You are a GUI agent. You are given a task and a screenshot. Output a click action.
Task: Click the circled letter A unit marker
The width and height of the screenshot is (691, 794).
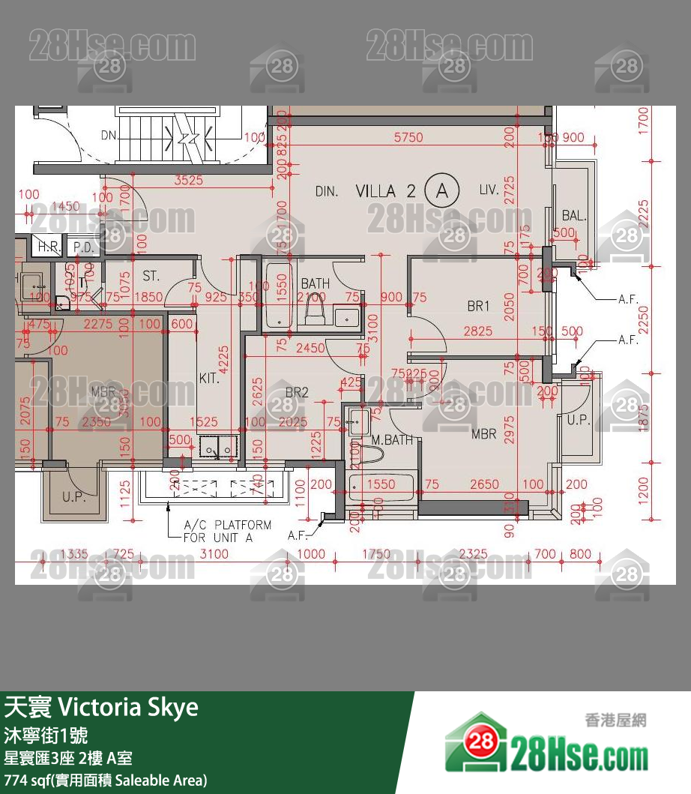tap(442, 190)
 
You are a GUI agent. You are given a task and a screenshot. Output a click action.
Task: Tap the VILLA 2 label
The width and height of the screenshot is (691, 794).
tap(385, 191)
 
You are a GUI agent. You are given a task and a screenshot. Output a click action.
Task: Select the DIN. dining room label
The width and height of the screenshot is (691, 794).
tap(326, 192)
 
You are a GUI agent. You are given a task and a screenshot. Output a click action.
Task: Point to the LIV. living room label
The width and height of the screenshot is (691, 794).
tap(489, 190)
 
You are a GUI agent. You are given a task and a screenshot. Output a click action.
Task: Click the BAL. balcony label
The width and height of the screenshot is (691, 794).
tap(574, 216)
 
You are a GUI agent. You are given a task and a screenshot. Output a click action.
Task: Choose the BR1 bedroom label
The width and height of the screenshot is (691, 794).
tap(477, 306)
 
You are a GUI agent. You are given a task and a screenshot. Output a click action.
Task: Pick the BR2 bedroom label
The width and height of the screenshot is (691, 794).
tap(297, 392)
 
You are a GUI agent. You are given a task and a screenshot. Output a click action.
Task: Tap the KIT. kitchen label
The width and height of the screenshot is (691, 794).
tap(209, 379)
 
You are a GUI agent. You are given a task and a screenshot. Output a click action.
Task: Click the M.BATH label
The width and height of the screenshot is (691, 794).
tap(392, 440)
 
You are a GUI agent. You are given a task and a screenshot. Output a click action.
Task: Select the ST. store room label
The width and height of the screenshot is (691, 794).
tap(151, 277)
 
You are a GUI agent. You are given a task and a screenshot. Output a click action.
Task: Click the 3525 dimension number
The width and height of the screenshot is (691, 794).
tap(188, 180)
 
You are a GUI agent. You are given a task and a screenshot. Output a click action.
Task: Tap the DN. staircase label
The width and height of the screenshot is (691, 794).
tap(109, 136)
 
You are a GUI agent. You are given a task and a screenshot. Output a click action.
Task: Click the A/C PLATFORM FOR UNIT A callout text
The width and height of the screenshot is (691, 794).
tap(227, 531)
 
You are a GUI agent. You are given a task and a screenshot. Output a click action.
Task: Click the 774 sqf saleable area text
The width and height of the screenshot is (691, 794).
tap(105, 780)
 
